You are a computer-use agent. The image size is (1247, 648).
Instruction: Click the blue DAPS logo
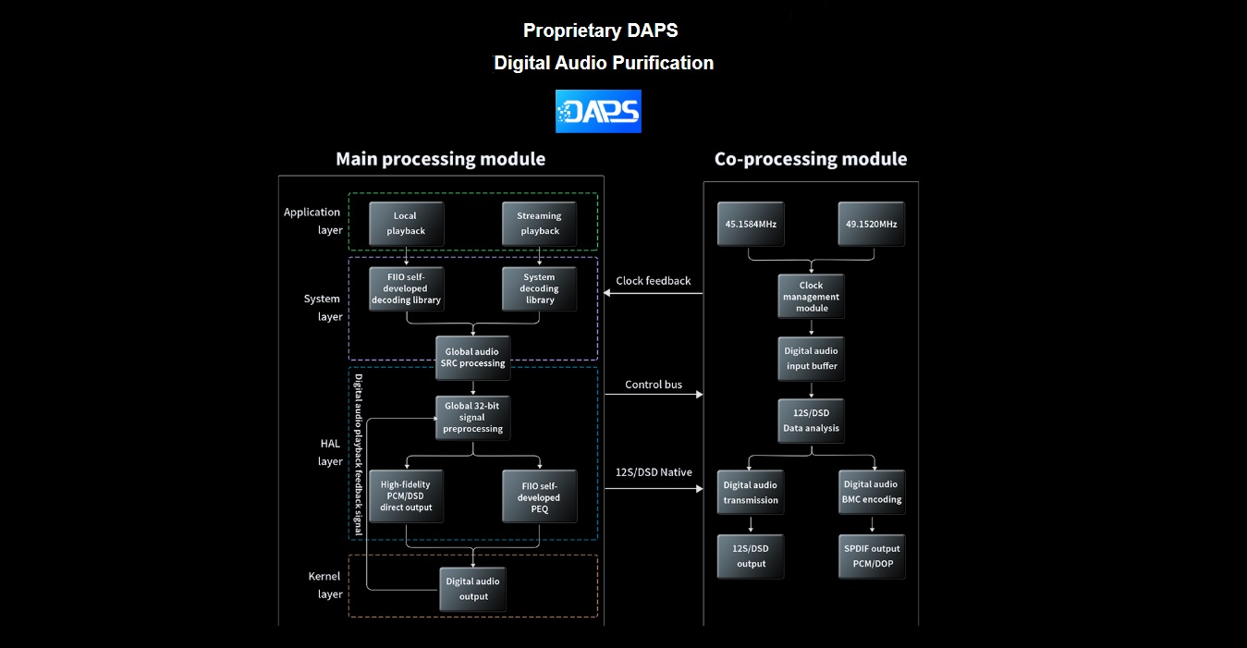(x=598, y=111)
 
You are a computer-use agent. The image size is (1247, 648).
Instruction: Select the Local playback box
(x=406, y=223)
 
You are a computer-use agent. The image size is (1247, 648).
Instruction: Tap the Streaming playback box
(x=539, y=223)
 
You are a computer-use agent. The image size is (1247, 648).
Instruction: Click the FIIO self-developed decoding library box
(x=406, y=288)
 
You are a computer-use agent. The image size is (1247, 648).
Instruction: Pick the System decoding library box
(x=539, y=288)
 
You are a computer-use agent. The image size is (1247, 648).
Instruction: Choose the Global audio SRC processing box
(x=472, y=357)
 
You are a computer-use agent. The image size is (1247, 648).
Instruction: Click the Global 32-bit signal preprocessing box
(x=472, y=417)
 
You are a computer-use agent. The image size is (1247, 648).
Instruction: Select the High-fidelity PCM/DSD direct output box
(x=406, y=496)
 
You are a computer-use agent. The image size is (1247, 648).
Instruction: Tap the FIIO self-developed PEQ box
(x=539, y=496)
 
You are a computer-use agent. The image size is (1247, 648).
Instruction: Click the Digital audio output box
(x=472, y=588)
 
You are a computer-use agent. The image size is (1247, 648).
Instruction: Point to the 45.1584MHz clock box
(x=751, y=224)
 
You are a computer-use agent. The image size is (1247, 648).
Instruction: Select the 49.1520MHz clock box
(x=871, y=224)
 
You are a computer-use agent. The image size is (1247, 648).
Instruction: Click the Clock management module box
(x=811, y=297)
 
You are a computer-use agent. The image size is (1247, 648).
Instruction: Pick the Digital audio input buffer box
(x=811, y=358)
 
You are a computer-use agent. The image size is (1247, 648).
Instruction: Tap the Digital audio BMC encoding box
(x=871, y=492)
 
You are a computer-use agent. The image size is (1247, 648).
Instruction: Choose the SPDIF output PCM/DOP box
(x=871, y=556)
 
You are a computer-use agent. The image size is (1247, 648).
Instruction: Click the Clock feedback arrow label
(x=654, y=281)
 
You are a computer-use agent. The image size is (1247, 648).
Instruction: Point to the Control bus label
(x=654, y=385)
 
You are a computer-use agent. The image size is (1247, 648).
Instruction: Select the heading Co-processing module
(x=811, y=159)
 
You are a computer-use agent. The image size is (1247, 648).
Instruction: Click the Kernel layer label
(x=324, y=585)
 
